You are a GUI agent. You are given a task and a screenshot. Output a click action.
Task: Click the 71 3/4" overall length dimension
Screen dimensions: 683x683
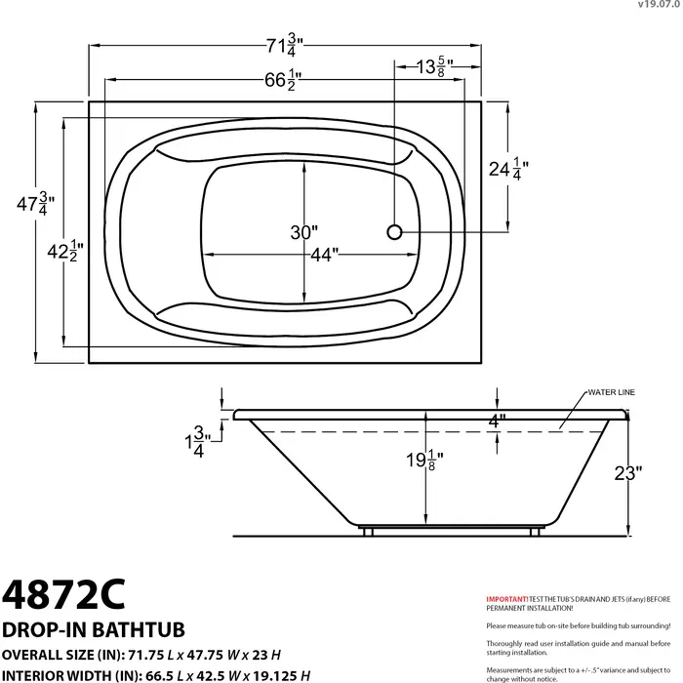(x=285, y=45)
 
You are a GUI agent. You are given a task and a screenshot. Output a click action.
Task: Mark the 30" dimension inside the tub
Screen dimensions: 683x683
(x=303, y=232)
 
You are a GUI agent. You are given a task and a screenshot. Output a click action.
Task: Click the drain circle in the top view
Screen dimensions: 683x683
(x=395, y=232)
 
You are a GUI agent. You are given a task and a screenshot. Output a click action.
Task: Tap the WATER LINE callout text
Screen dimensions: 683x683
(x=611, y=391)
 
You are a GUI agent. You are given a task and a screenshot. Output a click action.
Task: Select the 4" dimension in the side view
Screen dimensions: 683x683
(x=498, y=422)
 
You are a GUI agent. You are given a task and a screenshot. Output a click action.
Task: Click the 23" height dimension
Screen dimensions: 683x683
(x=627, y=473)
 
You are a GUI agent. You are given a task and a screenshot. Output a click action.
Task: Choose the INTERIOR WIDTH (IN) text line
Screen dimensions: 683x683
(x=156, y=674)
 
